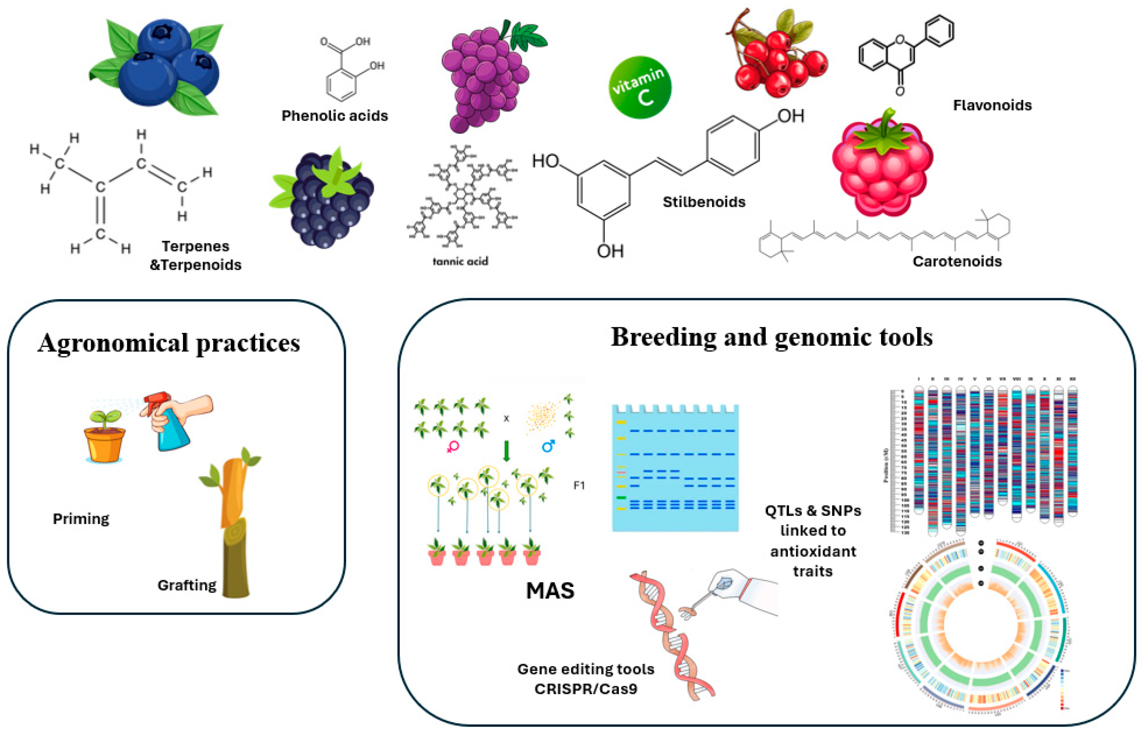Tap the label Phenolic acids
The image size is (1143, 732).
click(334, 115)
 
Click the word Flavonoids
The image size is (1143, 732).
click(992, 105)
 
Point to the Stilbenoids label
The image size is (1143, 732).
click(704, 202)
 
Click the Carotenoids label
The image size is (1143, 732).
click(957, 262)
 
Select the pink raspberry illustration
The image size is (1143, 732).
click(882, 166)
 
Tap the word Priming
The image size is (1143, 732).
click(81, 518)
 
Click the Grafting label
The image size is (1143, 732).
click(187, 585)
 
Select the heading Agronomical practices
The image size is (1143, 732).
click(169, 343)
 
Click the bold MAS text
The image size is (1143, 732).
click(550, 591)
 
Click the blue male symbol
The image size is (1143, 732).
click(548, 446)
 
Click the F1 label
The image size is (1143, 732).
click(579, 485)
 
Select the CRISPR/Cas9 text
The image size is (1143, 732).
click(585, 689)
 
